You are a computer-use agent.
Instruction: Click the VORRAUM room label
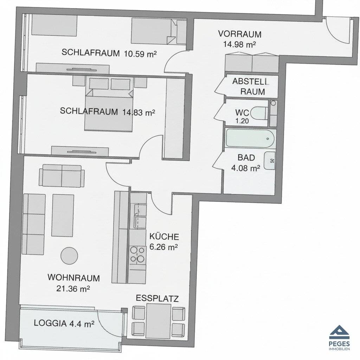[240, 34]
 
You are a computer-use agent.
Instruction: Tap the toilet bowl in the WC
[259, 113]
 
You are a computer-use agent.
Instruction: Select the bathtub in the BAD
[250, 139]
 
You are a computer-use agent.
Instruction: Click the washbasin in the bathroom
[270, 161]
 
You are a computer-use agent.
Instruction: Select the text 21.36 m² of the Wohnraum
[73, 289]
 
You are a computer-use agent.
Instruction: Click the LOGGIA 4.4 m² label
[64, 323]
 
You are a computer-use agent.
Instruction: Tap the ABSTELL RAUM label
[250, 86]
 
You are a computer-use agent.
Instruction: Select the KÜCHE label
[164, 237]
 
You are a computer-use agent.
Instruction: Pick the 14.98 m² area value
[239, 44]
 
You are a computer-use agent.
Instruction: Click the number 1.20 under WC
[242, 121]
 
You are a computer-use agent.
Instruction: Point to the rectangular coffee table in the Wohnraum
[63, 216]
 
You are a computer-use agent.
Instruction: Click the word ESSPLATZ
[157, 298]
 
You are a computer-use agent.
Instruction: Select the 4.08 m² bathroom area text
[245, 168]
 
